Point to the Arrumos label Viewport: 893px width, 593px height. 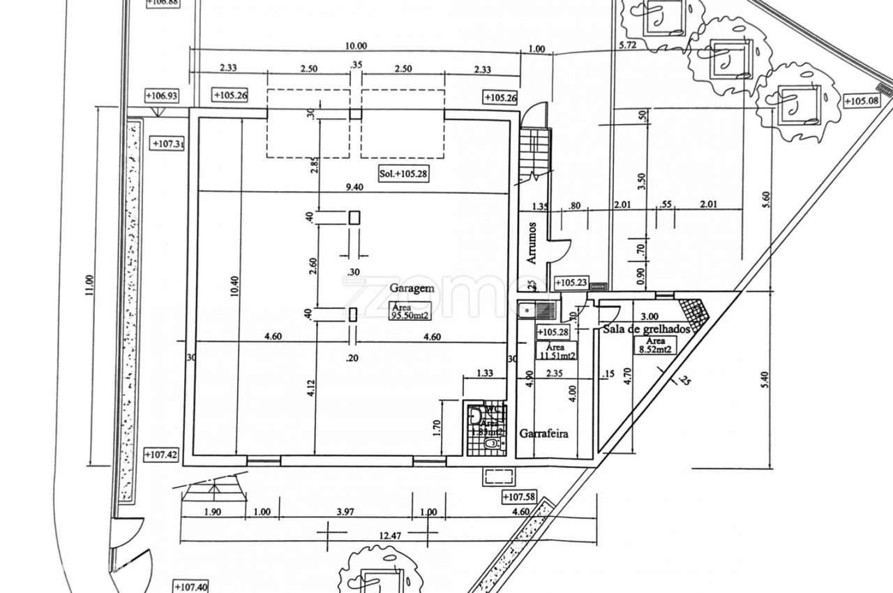click(x=532, y=243)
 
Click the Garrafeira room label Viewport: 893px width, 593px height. click(x=543, y=433)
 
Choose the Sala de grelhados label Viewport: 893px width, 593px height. click(x=646, y=329)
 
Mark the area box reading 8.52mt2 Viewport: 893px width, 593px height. click(x=652, y=345)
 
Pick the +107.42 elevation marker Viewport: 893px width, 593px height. click(x=161, y=455)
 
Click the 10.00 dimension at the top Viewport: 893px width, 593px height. click(x=355, y=47)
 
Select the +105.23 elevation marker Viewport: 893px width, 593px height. click(x=571, y=283)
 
